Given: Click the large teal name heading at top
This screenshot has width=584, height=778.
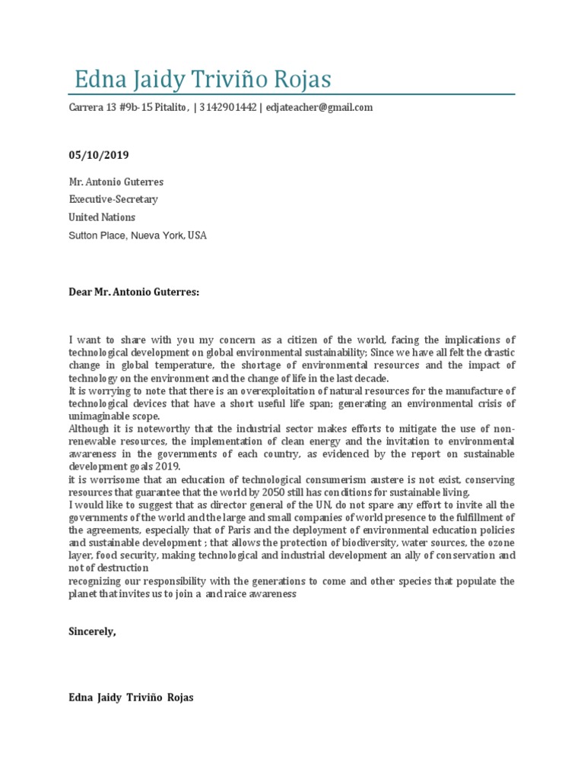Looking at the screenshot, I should click(202, 80).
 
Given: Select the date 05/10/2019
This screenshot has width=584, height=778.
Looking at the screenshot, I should click(99, 155).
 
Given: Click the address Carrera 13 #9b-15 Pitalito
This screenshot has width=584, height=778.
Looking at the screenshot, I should click(128, 108).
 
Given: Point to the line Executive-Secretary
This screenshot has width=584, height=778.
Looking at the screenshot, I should click(113, 200).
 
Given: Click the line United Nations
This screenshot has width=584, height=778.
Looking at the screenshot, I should click(100, 217).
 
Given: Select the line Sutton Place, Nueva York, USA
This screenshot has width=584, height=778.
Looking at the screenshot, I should click(138, 236).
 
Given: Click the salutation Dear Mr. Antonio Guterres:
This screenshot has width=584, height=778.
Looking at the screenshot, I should click(134, 291).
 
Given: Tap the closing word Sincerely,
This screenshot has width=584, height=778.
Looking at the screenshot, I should click(92, 631).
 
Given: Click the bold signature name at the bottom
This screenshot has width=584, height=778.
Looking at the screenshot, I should click(132, 697).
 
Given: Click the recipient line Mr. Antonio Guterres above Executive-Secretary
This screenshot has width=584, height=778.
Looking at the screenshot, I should click(116, 182).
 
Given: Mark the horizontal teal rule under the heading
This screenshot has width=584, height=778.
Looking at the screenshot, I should click(292, 95).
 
